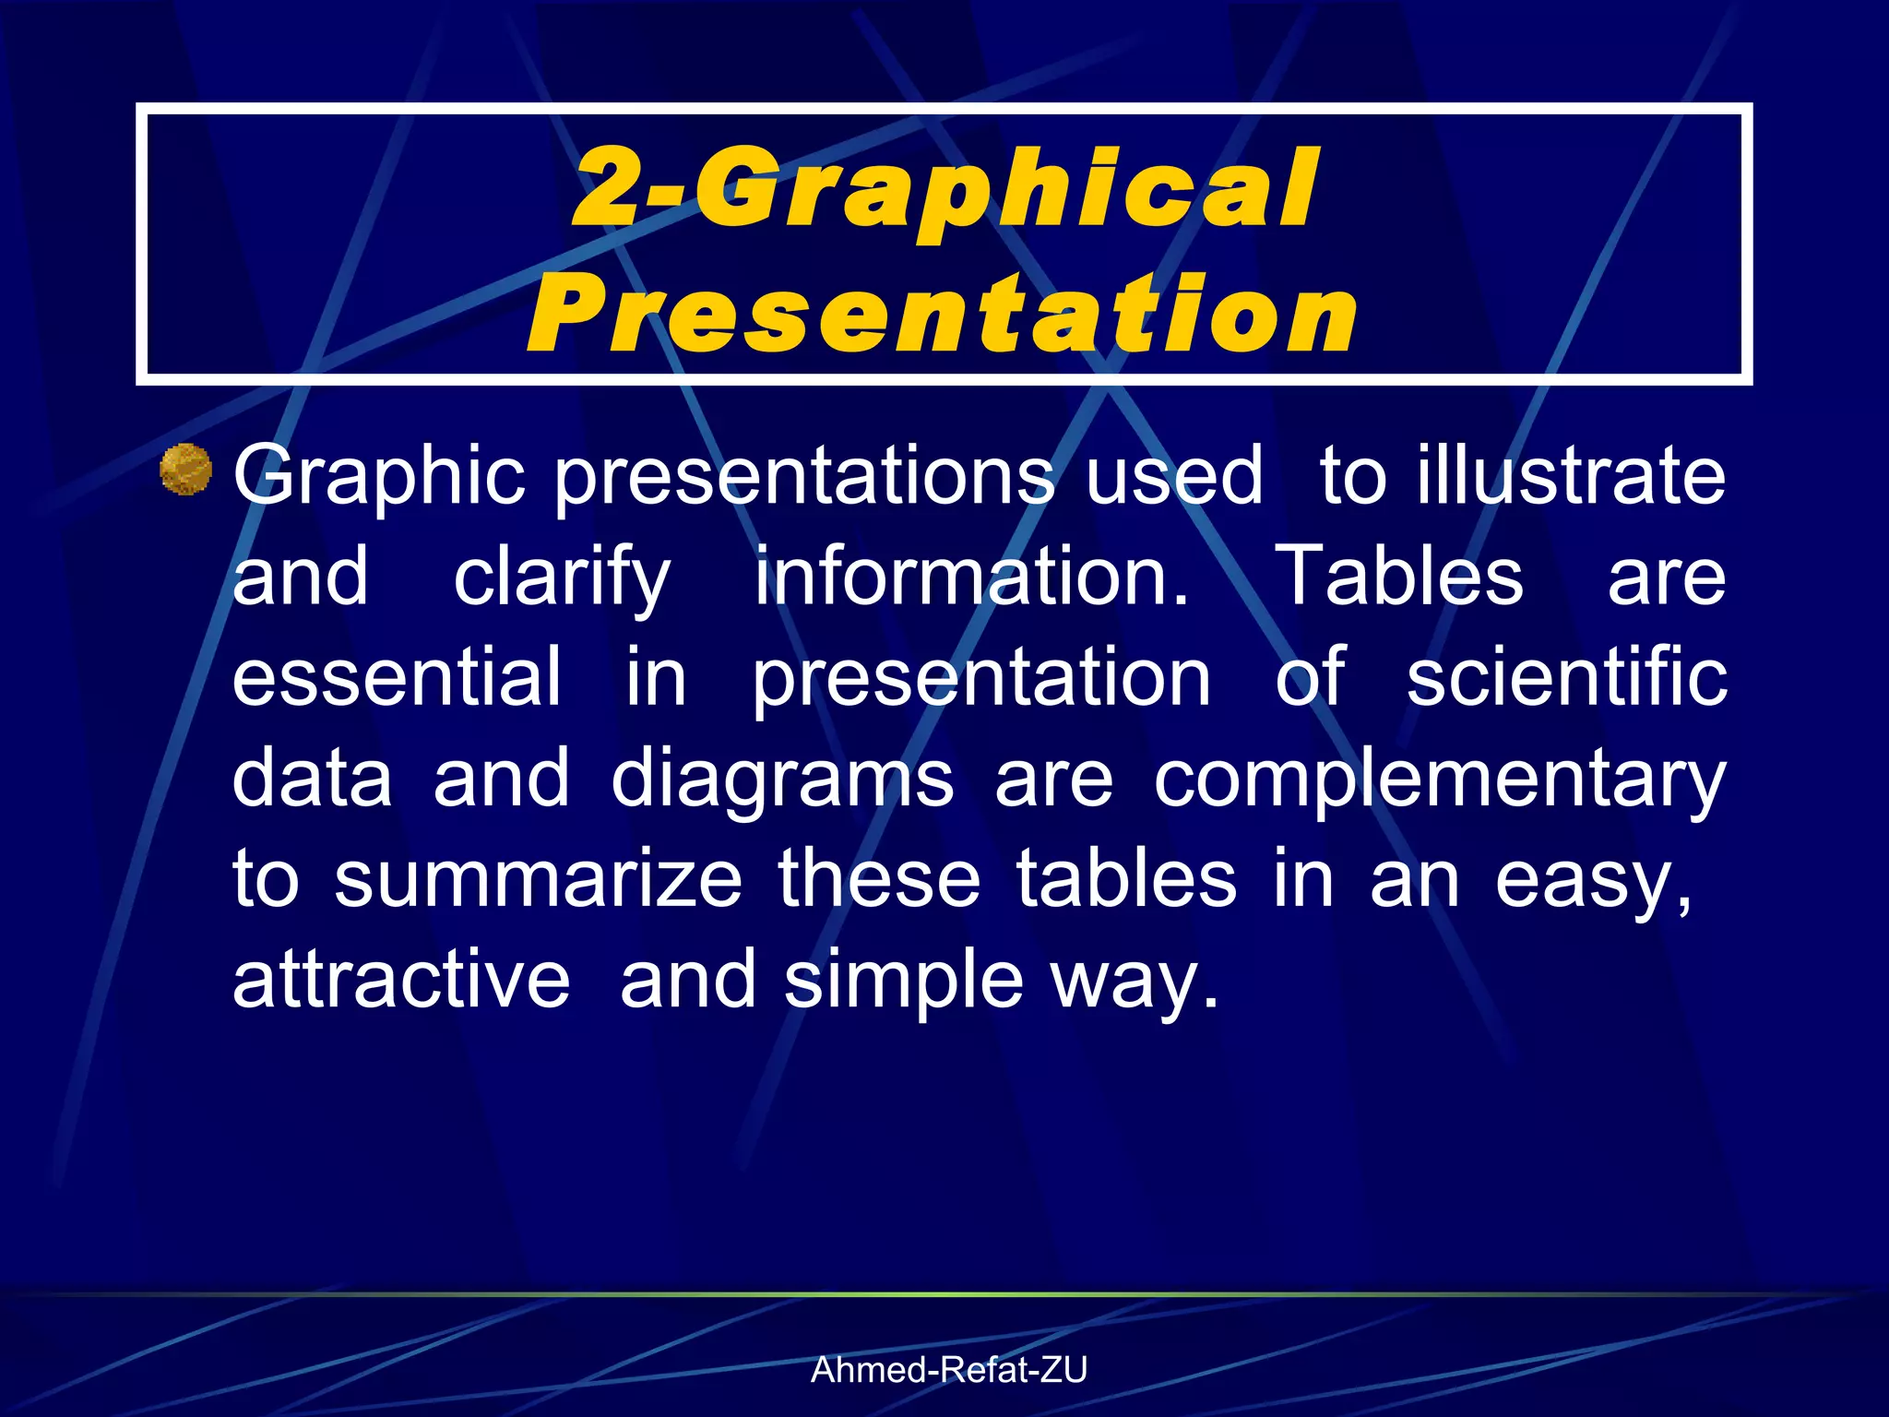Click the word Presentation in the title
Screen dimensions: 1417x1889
pyautogui.click(x=943, y=316)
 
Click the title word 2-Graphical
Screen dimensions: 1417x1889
pyautogui.click(x=946, y=189)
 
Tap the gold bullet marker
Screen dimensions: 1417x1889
pyautogui.click(x=185, y=470)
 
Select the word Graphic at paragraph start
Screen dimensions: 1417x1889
pyautogui.click(x=378, y=477)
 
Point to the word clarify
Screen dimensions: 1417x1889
pyautogui.click(x=562, y=578)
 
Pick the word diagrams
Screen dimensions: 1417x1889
pyautogui.click(x=782, y=780)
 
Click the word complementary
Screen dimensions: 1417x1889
pyautogui.click(x=1439, y=780)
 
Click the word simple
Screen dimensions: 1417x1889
pyautogui.click(x=903, y=982)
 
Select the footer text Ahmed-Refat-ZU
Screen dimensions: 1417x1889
pyautogui.click(x=949, y=1371)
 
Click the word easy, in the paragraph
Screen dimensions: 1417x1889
pyautogui.click(x=1594, y=882)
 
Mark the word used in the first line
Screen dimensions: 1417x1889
pyautogui.click(x=1173, y=475)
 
